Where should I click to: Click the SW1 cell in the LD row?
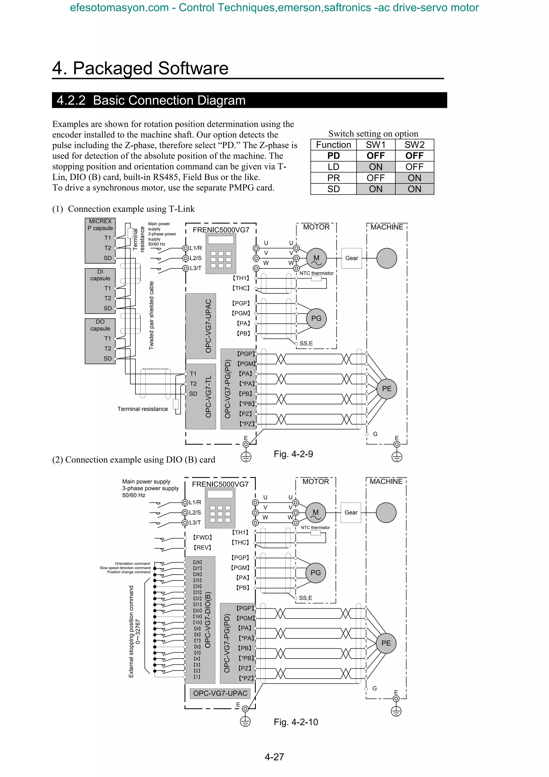[x=376, y=167]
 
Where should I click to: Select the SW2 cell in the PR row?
[x=414, y=178]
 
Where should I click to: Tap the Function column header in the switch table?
[x=333, y=145]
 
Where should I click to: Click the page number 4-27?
[x=274, y=757]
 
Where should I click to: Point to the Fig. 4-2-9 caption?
[x=293, y=454]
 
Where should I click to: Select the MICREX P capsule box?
[x=100, y=240]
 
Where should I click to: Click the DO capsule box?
[x=100, y=341]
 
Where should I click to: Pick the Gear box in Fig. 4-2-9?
[x=351, y=258]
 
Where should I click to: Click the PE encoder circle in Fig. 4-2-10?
[x=386, y=643]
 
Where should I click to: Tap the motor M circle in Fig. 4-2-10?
[x=315, y=513]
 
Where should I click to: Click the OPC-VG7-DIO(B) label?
[x=208, y=620]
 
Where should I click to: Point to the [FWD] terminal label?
[x=203, y=537]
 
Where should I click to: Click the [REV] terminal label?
[x=202, y=547]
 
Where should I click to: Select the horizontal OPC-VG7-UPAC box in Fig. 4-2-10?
[x=220, y=693]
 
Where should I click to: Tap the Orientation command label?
[x=132, y=564]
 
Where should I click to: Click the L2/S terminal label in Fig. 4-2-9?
[x=195, y=258]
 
